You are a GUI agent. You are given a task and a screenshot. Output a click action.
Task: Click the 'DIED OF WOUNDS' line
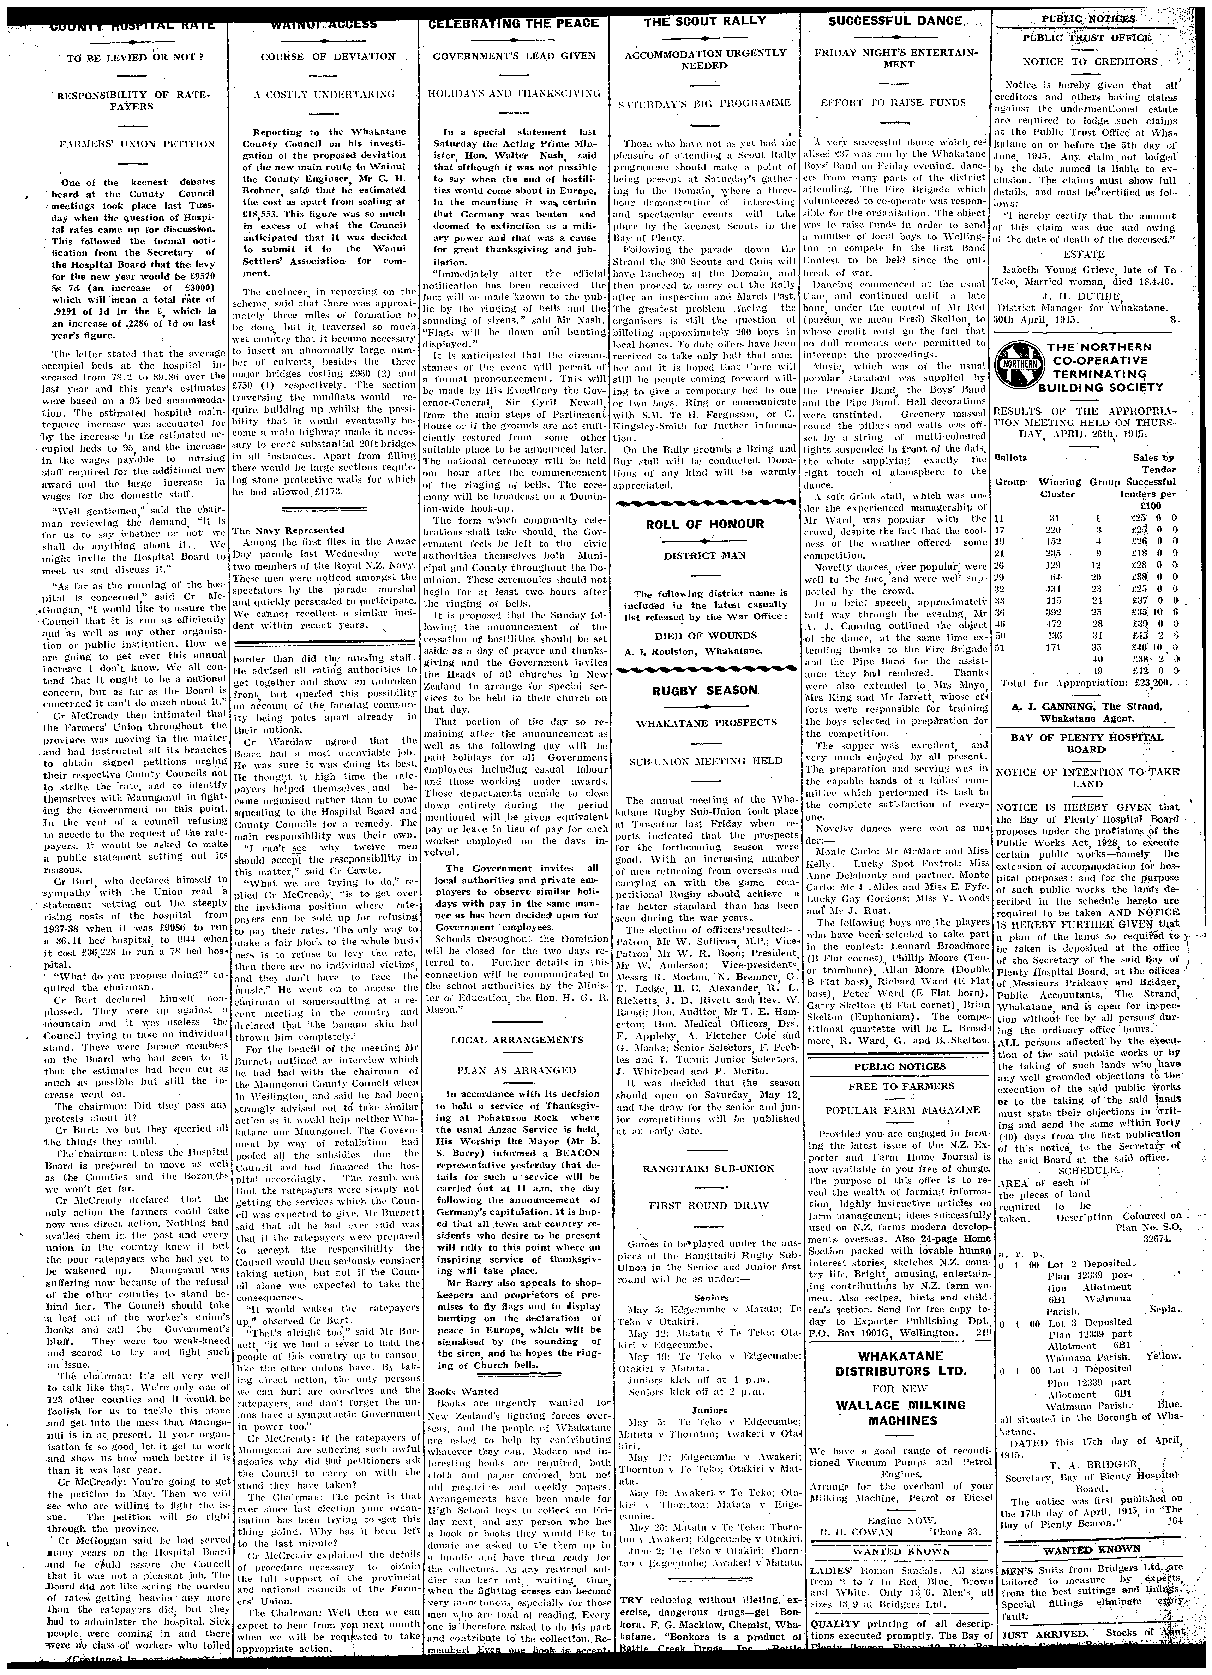click(705, 635)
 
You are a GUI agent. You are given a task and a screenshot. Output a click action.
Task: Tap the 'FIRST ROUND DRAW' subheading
click(705, 1205)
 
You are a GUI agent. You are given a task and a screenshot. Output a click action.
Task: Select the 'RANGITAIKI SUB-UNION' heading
click(705, 1168)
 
